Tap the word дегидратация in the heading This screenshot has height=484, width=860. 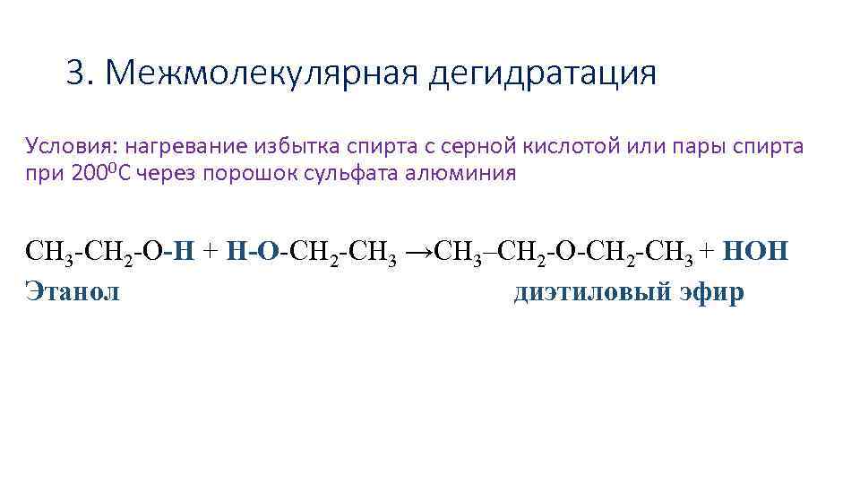click(542, 74)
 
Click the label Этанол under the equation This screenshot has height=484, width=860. click(73, 292)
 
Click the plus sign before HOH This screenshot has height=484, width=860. click(707, 251)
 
